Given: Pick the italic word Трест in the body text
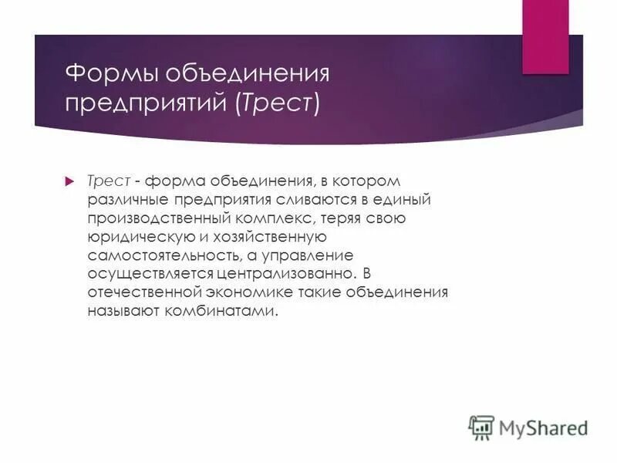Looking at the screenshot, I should click(106, 181).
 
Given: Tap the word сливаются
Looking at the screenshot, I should click(289, 200).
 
